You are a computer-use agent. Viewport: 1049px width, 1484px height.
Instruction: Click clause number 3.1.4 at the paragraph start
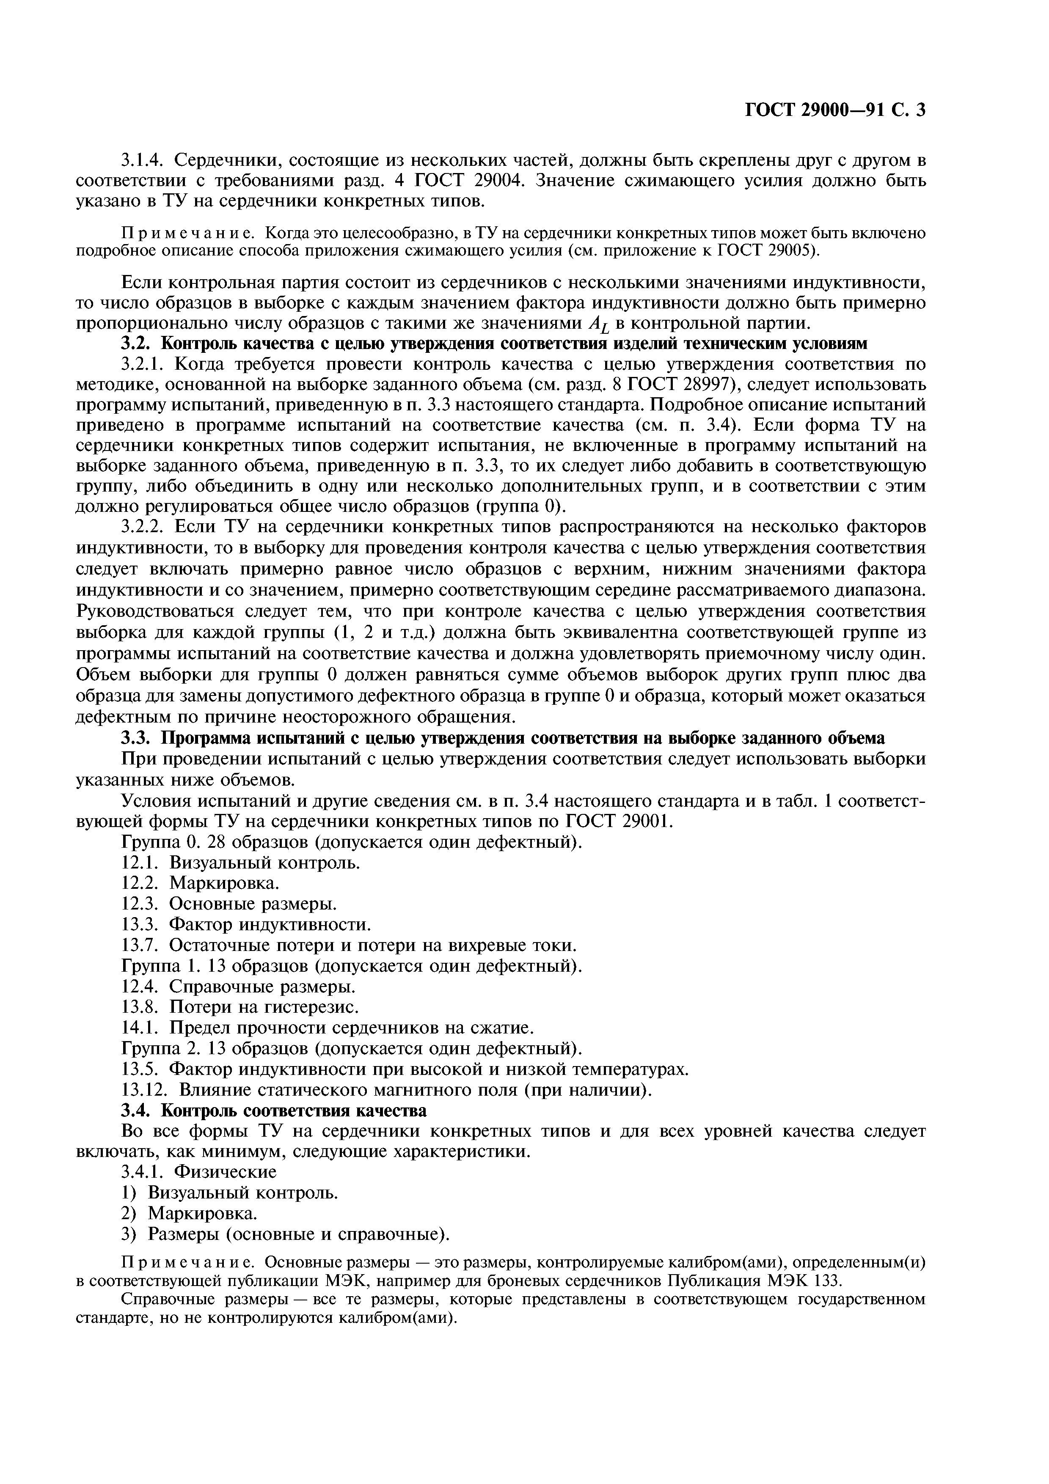tap(142, 159)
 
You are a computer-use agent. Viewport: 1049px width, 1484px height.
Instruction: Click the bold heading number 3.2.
tap(136, 343)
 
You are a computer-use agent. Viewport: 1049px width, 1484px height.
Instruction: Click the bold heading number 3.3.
tap(136, 739)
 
